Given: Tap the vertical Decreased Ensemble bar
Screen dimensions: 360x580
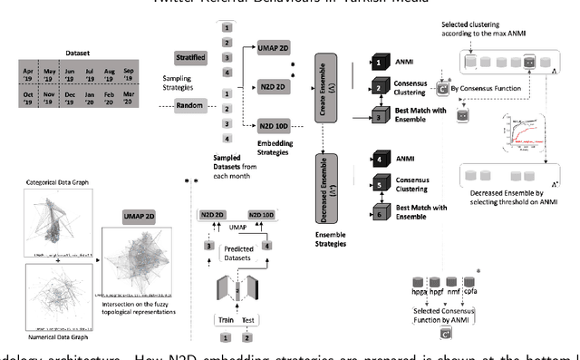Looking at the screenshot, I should pos(332,183).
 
